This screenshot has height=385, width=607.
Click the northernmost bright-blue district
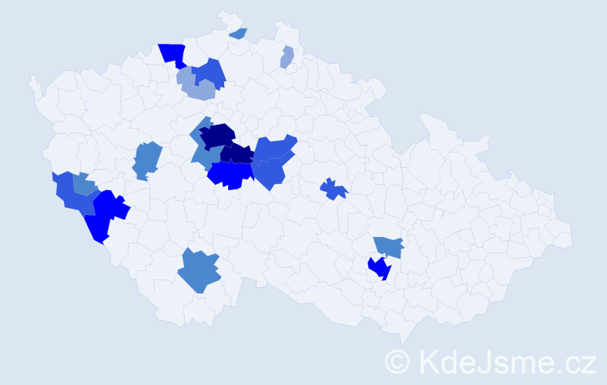174,54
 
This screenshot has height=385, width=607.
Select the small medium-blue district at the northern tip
239,33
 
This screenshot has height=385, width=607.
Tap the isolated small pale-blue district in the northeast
287,58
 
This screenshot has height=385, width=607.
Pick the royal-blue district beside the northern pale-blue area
210,72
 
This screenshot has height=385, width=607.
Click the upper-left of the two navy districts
217,135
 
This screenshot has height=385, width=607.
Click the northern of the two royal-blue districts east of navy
274,149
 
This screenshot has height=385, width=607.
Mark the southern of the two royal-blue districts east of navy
270,173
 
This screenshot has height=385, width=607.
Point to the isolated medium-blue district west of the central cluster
146,159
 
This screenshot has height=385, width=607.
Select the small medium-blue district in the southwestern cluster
84,185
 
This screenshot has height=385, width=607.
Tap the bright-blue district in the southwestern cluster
105,215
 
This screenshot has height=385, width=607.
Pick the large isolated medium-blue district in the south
200,271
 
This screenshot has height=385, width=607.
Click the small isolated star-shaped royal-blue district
334,189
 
